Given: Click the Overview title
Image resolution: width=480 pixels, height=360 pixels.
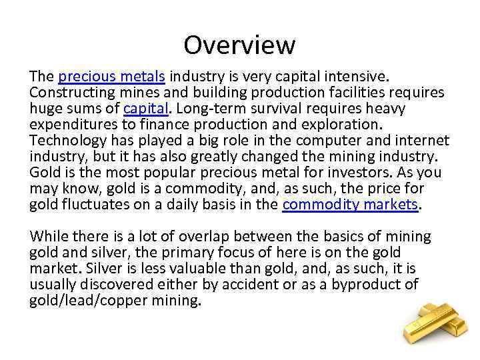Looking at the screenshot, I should [x=239, y=45].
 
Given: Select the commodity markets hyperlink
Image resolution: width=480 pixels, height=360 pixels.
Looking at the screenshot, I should [x=350, y=205].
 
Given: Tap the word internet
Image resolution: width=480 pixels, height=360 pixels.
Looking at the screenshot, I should [x=418, y=141].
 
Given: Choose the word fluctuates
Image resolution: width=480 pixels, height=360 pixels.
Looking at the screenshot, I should [x=91, y=205].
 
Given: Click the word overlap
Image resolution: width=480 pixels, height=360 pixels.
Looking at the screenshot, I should [x=205, y=237].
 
